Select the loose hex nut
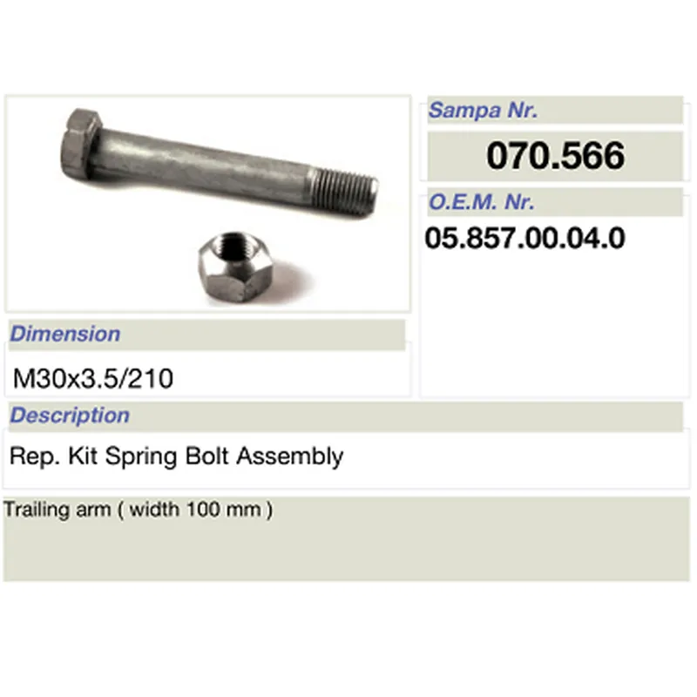[x=236, y=261]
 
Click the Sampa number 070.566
[x=555, y=157]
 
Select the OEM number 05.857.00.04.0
[x=524, y=238]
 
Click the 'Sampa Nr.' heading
[x=483, y=111]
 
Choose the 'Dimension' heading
[x=65, y=334]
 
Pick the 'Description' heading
[x=70, y=416]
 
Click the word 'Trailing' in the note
[x=33, y=510]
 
